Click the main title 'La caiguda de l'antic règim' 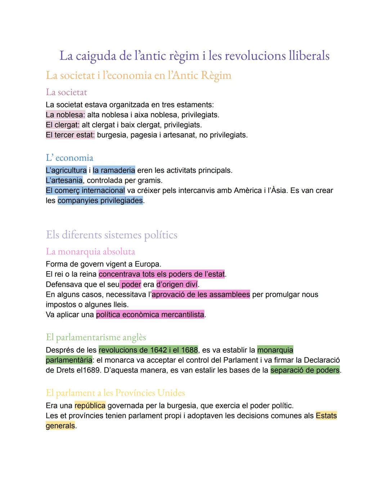click(194, 56)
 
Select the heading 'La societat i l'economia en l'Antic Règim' click(138, 75)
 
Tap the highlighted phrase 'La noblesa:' click(65, 115)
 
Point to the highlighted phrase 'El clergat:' click(62, 125)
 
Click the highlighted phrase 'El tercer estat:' click(70, 135)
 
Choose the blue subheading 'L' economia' click(69, 158)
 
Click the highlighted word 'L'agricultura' click(66, 170)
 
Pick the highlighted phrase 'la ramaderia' click(114, 170)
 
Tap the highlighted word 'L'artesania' click(64, 180)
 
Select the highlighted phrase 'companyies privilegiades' click(100, 201)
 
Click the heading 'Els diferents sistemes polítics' click(111, 235)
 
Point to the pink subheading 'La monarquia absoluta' click(90, 251)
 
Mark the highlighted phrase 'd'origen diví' click(177, 284)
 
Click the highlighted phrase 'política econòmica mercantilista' click(150, 315)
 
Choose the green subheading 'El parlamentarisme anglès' click(96, 337)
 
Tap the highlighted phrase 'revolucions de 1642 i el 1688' click(148, 350)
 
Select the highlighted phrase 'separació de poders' click(305, 370)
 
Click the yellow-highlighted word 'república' click(90, 406)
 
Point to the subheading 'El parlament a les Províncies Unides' click(115, 393)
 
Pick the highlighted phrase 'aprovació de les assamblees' click(201, 295)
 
